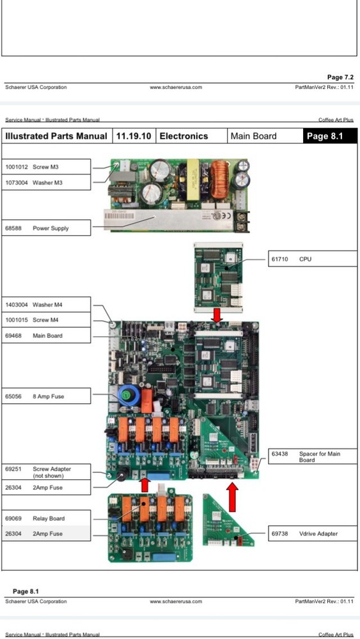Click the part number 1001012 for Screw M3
(17, 167)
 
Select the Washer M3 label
(47, 183)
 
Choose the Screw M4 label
(46, 320)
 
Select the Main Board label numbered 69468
(46, 335)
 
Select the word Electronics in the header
(184, 136)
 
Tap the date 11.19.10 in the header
(133, 136)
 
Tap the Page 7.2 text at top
(340, 77)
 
